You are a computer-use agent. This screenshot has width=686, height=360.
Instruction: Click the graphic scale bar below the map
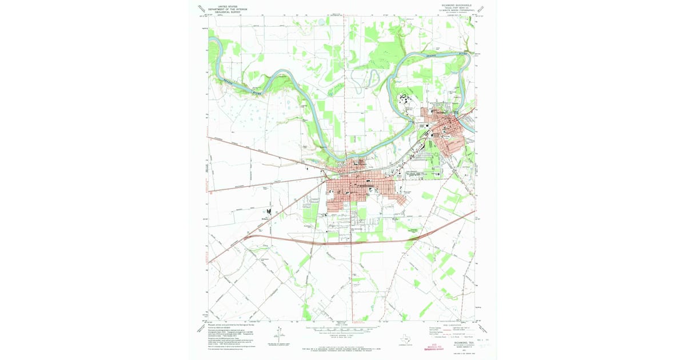tap(343, 330)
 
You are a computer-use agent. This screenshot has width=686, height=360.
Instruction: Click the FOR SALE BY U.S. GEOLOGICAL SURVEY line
tap(343, 346)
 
